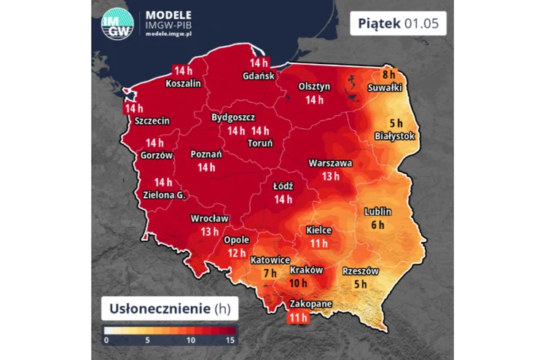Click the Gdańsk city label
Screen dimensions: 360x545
(260, 76)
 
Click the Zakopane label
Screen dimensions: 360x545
(307, 303)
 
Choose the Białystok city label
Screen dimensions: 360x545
(394, 136)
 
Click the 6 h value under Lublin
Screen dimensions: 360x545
(377, 224)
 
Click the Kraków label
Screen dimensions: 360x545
(307, 270)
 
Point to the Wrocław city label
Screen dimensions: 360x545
(210, 218)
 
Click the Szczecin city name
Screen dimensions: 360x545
(152, 121)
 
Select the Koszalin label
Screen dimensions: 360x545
(183, 83)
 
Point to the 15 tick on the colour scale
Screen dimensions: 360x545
(231, 340)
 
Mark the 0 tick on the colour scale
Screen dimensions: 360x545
(106, 340)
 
